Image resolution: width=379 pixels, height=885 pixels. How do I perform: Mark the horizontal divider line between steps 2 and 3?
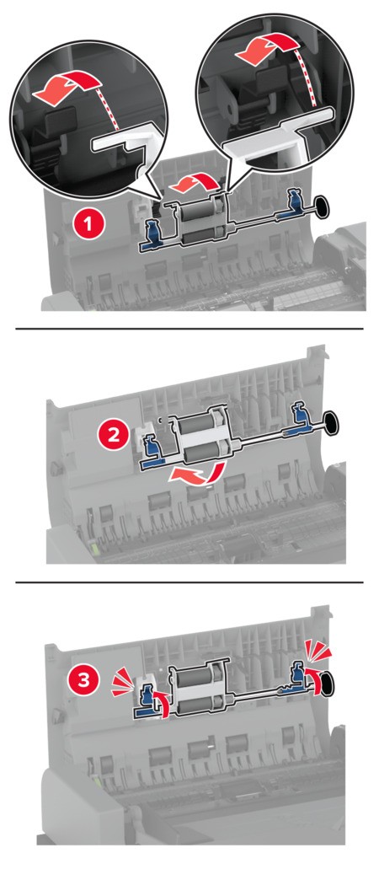(x=189, y=582)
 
